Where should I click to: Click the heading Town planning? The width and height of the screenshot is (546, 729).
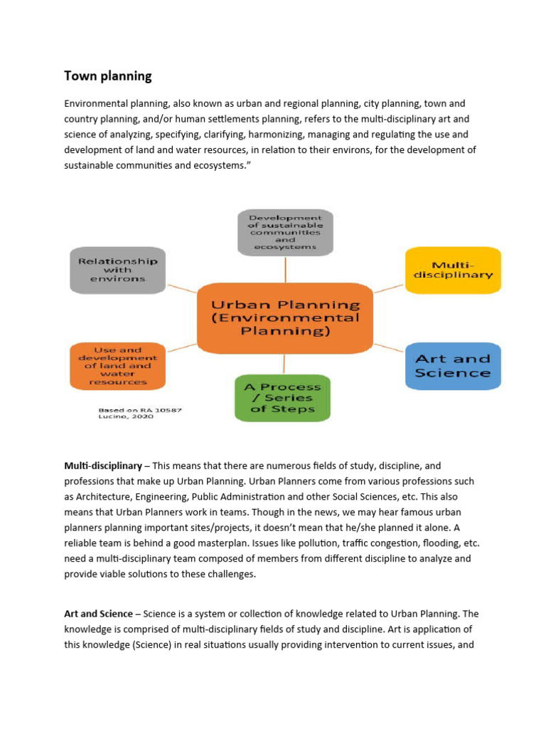(108, 75)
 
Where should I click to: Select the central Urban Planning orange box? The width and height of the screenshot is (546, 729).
(284, 318)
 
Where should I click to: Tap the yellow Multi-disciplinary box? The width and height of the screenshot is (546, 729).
(453, 269)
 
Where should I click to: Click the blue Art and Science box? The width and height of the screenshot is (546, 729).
(453, 366)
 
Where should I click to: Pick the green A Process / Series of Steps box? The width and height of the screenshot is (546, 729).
(282, 398)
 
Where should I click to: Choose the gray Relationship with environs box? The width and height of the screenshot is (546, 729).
(117, 270)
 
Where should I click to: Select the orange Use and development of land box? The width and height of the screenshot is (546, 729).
(117, 366)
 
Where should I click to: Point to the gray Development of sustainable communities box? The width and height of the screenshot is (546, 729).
(284, 232)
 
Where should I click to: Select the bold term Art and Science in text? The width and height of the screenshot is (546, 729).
(98, 614)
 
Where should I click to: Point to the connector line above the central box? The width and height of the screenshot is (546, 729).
(285, 268)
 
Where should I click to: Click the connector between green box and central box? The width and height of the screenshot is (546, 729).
(283, 364)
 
